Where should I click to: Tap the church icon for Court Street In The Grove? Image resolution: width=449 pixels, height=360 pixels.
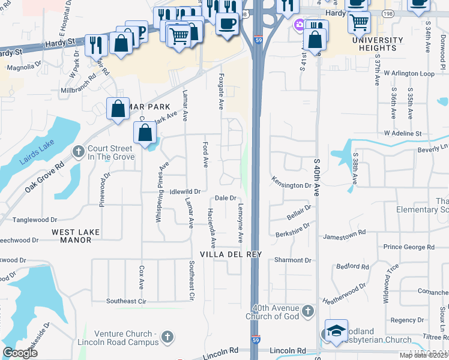tap(79, 151)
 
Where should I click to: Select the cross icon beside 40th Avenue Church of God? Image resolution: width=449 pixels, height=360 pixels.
tap(308, 310)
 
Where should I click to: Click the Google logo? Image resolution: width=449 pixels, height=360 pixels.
tap(20, 353)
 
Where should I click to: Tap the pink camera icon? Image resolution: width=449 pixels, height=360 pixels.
tap(300, 25)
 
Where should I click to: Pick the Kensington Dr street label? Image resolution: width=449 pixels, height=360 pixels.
tap(291, 185)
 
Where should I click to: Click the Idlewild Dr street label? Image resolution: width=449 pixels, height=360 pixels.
tap(184, 191)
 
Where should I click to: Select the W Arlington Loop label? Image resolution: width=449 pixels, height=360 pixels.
tap(409, 73)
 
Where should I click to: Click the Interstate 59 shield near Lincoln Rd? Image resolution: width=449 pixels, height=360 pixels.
tap(256, 340)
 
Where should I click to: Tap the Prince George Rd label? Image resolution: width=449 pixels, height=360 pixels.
tap(408, 247)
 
